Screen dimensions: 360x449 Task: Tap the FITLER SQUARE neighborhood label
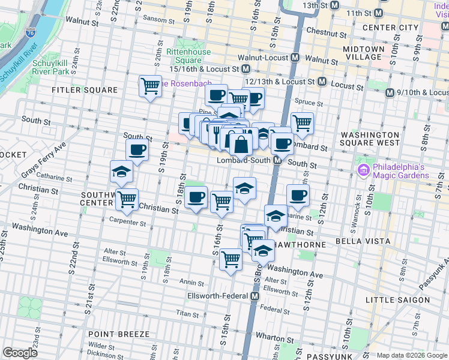(84, 90)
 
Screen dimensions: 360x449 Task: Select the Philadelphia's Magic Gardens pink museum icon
(363, 171)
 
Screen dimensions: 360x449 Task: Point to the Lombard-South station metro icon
(278, 160)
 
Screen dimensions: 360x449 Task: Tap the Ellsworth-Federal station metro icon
(255, 296)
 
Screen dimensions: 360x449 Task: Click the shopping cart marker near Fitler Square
(149, 85)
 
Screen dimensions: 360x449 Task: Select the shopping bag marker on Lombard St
(241, 144)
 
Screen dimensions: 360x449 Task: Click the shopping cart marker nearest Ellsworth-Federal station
(231, 259)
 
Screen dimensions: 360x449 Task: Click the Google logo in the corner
(20, 353)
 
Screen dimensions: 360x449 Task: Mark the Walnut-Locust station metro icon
(295, 58)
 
